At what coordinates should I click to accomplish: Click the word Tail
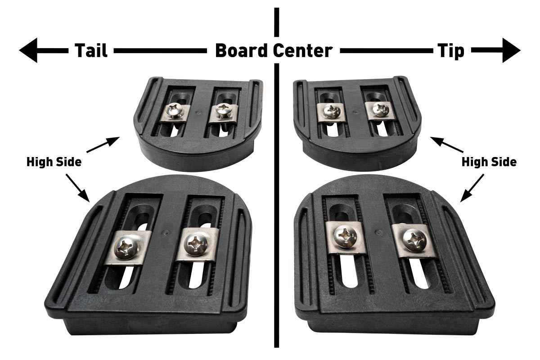91,50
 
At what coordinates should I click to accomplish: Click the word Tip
450,50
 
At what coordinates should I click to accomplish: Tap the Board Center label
274,50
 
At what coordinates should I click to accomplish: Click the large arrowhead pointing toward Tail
29,50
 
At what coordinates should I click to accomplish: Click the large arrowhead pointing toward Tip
511,50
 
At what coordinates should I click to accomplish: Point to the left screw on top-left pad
173,110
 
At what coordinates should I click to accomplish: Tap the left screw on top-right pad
332,111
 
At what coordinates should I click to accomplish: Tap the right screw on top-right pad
380,109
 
